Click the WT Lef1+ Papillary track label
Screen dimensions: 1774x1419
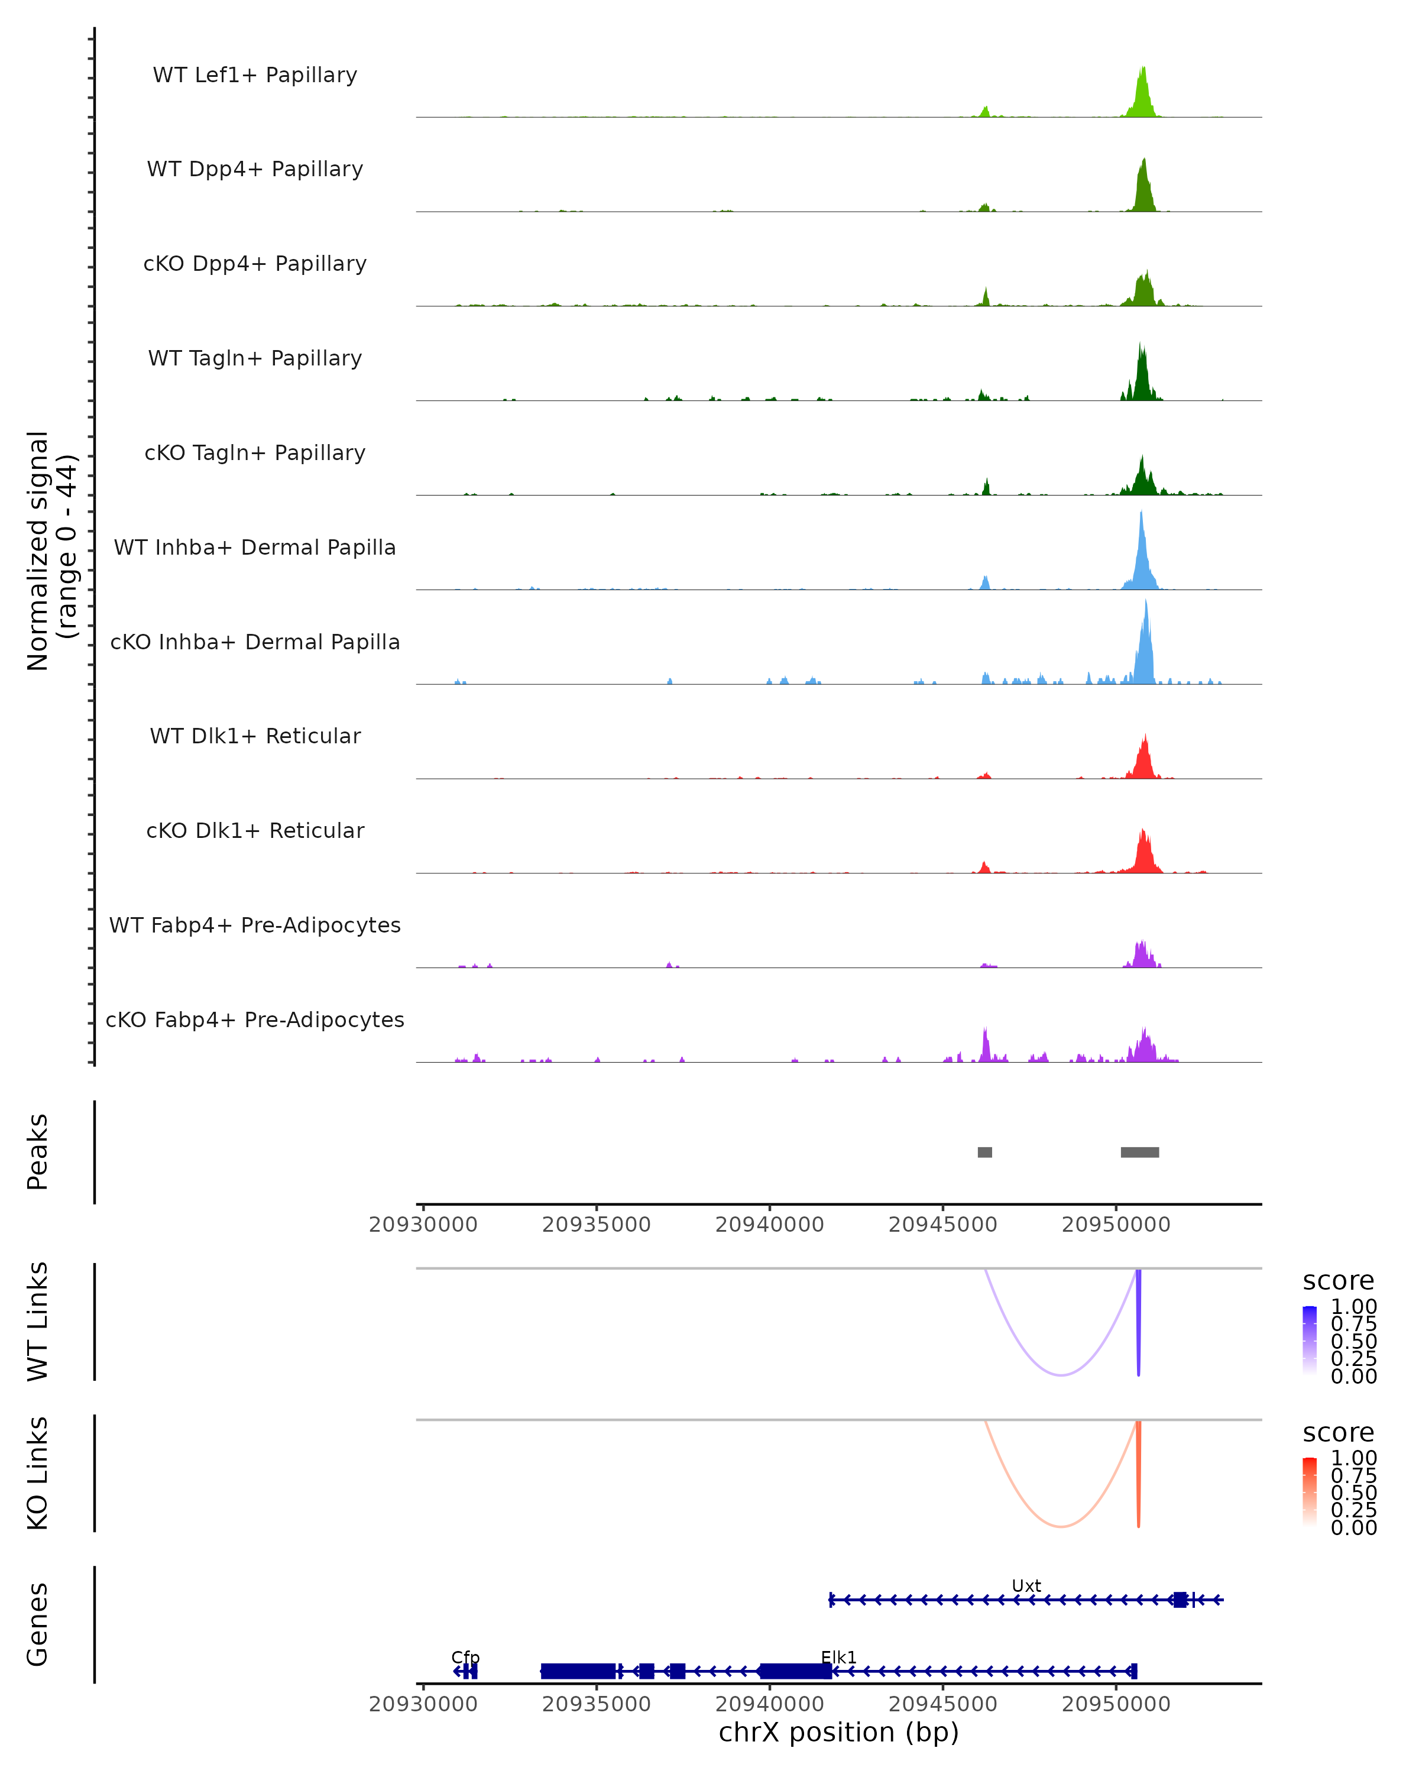pyautogui.click(x=255, y=75)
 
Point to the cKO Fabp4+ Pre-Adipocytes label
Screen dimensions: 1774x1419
pyautogui.click(x=255, y=1019)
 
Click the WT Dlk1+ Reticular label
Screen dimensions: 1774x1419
pyautogui.click(x=255, y=736)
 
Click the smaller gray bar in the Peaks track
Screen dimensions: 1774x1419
pyautogui.click(x=984, y=1152)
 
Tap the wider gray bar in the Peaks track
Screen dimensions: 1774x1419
pyautogui.click(x=1139, y=1152)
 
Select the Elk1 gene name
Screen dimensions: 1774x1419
pyautogui.click(x=838, y=1657)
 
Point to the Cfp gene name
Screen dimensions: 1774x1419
pyautogui.click(x=465, y=1657)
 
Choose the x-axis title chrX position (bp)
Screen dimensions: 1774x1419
pyautogui.click(x=838, y=1732)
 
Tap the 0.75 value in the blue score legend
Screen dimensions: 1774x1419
pyautogui.click(x=1353, y=1324)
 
